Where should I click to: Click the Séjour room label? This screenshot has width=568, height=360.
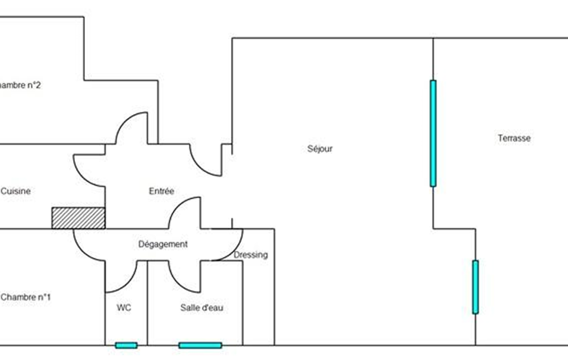pos(320,148)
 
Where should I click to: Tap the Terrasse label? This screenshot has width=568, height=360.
pos(514,138)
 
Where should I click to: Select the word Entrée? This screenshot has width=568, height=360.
pos(161,191)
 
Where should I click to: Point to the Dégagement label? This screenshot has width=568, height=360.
pos(162,244)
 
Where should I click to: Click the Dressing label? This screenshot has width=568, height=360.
pos(250,255)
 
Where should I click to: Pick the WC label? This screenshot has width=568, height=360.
pos(124,307)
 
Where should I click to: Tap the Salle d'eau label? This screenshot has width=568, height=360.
pos(202,307)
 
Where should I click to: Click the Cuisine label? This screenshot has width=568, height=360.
pos(16,191)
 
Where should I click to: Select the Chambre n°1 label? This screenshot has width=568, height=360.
pos(25,297)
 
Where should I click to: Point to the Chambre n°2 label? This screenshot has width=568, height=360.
pos(20,85)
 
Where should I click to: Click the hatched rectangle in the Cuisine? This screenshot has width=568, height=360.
pos(78,218)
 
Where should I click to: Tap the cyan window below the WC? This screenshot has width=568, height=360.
pos(126,345)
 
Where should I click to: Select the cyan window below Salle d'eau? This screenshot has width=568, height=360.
pos(200,345)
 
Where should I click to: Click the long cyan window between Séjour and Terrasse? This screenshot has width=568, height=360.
pos(433,133)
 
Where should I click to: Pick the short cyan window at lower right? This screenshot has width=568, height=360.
pos(475,287)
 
